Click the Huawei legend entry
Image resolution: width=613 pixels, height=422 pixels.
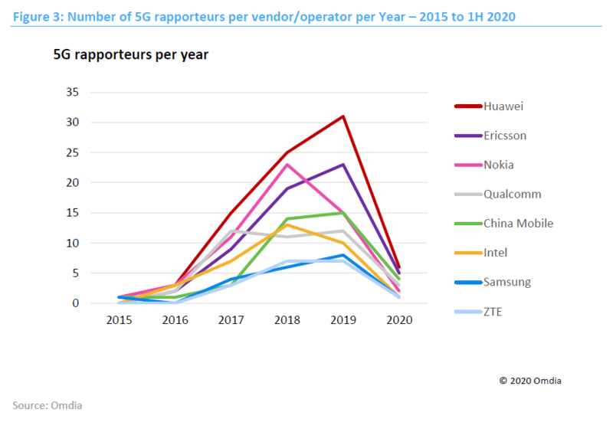[503, 106]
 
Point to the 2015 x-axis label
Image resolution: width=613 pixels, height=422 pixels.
[120, 320]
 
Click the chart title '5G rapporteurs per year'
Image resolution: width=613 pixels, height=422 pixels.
[130, 54]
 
